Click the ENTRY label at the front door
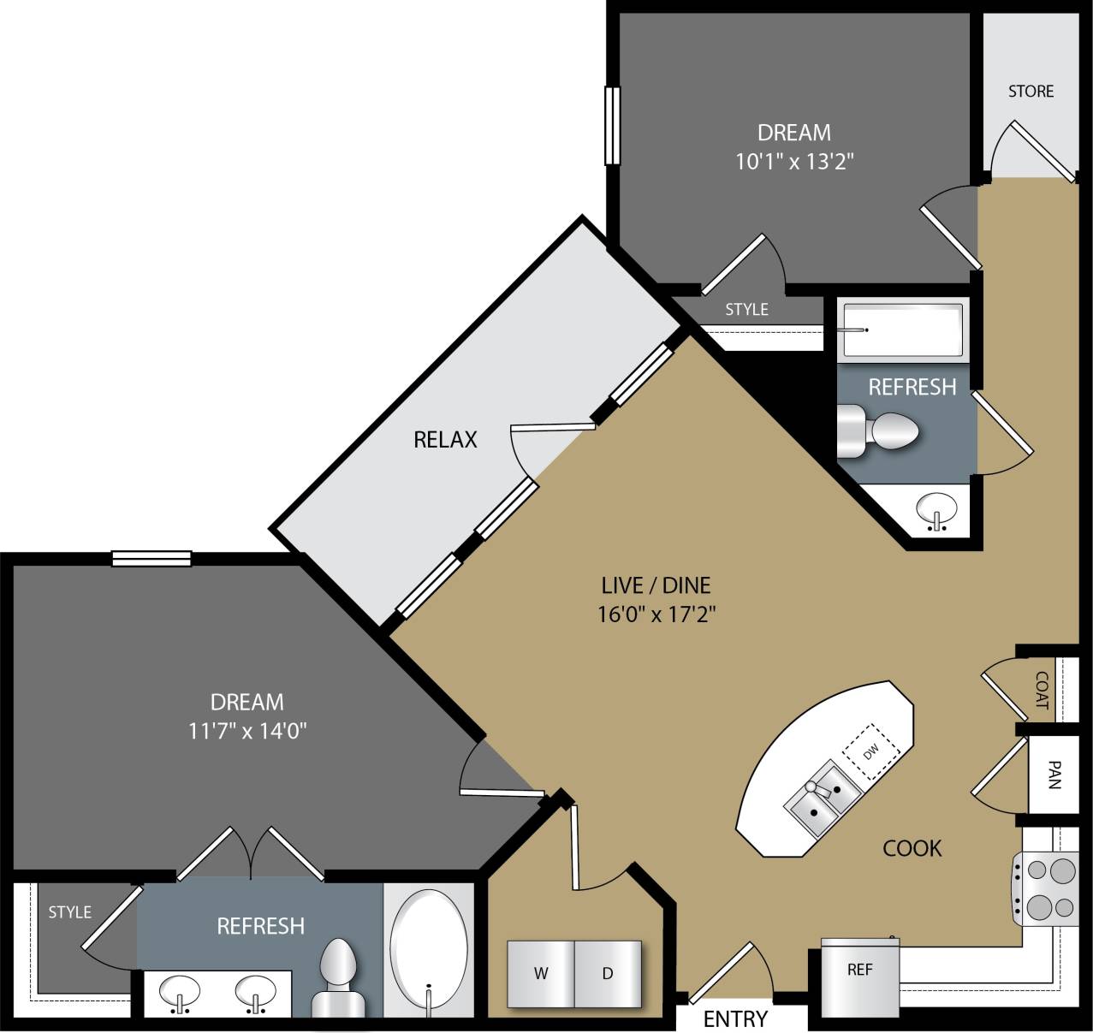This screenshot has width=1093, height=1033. coord(735,1018)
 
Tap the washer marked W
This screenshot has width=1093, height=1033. coord(541,973)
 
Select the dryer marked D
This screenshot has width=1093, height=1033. coord(608,973)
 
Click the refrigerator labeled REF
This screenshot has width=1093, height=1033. coord(859,970)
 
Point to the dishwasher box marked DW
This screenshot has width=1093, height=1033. coord(871,752)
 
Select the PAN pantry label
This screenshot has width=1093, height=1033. coord(1054,775)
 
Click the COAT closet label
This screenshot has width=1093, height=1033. coord(1041,690)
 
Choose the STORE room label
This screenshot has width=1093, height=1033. coord(1031,91)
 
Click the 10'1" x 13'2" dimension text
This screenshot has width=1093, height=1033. coord(795,161)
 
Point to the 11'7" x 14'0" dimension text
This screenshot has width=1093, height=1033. coord(247,731)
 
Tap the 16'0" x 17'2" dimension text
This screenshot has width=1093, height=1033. coord(656,614)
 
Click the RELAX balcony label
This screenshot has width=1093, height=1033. coord(445,439)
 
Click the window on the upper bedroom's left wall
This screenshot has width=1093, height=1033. coord(611,125)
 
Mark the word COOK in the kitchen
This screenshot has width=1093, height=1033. coord(912,848)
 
